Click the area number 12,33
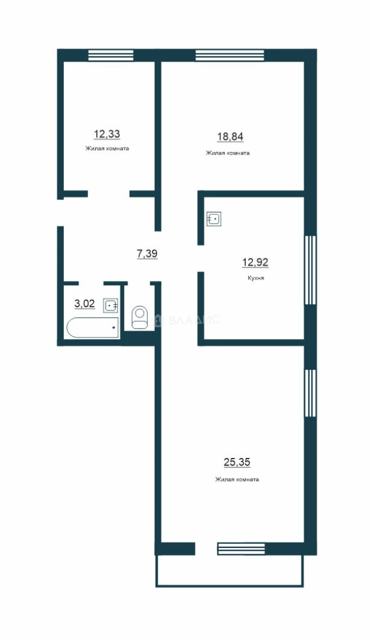[x=107, y=134]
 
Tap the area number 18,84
[x=230, y=137]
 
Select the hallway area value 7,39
[x=147, y=254]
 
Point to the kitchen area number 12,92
[x=255, y=263]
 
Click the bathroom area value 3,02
[x=84, y=304]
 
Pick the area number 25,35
[x=237, y=462]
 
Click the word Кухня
[x=255, y=278]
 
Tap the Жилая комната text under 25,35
[x=237, y=480]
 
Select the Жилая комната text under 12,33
[x=107, y=149]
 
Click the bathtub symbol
[x=93, y=327]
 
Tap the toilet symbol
[x=140, y=317]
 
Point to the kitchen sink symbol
[x=214, y=220]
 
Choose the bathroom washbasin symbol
[x=110, y=305]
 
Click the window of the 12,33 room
[x=111, y=56]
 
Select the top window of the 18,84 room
[x=230, y=56]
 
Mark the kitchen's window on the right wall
[x=310, y=270]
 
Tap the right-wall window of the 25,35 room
[x=310, y=393]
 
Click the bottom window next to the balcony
[x=242, y=549]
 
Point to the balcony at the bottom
[x=230, y=571]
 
